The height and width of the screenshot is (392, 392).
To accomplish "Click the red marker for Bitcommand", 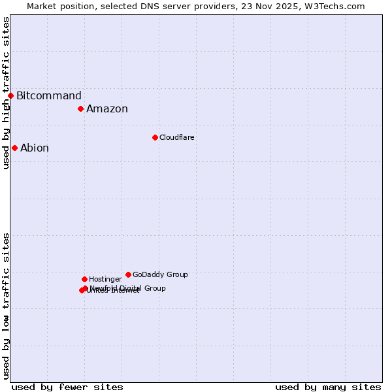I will click(10, 95).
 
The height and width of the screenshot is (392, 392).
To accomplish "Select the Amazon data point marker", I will click(80, 108).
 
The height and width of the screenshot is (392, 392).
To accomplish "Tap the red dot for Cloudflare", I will click(155, 137).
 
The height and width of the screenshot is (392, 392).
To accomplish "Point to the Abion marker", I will click(14, 148).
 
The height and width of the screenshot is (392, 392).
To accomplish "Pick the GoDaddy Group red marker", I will click(128, 274).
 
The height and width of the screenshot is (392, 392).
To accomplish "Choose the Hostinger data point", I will click(84, 279).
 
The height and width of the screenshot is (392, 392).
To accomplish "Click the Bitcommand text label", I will click(49, 95).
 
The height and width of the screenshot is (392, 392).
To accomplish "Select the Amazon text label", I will click(107, 109).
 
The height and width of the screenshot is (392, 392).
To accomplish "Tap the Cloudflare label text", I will click(177, 137).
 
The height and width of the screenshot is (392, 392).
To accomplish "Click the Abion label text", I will click(35, 148).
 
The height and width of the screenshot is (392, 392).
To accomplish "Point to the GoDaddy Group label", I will click(160, 274).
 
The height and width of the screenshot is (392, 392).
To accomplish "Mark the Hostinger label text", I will click(105, 279).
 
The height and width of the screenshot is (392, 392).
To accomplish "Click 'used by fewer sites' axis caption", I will click(67, 387).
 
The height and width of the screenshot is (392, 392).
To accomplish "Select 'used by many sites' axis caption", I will click(328, 387).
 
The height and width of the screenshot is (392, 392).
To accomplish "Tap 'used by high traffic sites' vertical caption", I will click(6, 93).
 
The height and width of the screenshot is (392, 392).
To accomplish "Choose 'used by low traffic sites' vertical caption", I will click(6, 306).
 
